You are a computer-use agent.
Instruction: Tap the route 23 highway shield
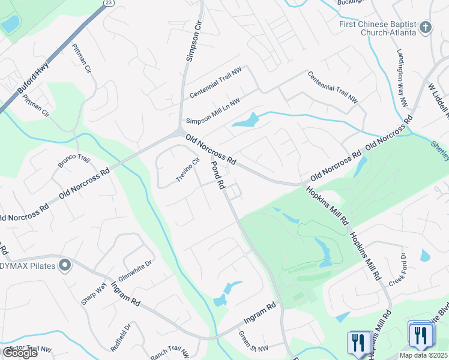(107, 2)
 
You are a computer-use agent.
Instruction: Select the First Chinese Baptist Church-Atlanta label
(376, 28)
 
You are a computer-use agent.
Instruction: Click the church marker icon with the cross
(426, 28)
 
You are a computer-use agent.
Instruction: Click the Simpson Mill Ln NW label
(212, 110)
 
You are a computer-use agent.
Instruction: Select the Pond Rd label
(217, 175)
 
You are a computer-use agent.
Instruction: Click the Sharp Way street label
(93, 293)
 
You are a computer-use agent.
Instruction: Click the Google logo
(20, 353)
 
